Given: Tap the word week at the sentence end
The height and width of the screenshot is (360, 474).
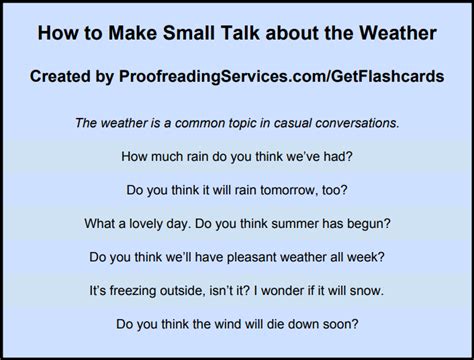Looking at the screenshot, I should (369, 256).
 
